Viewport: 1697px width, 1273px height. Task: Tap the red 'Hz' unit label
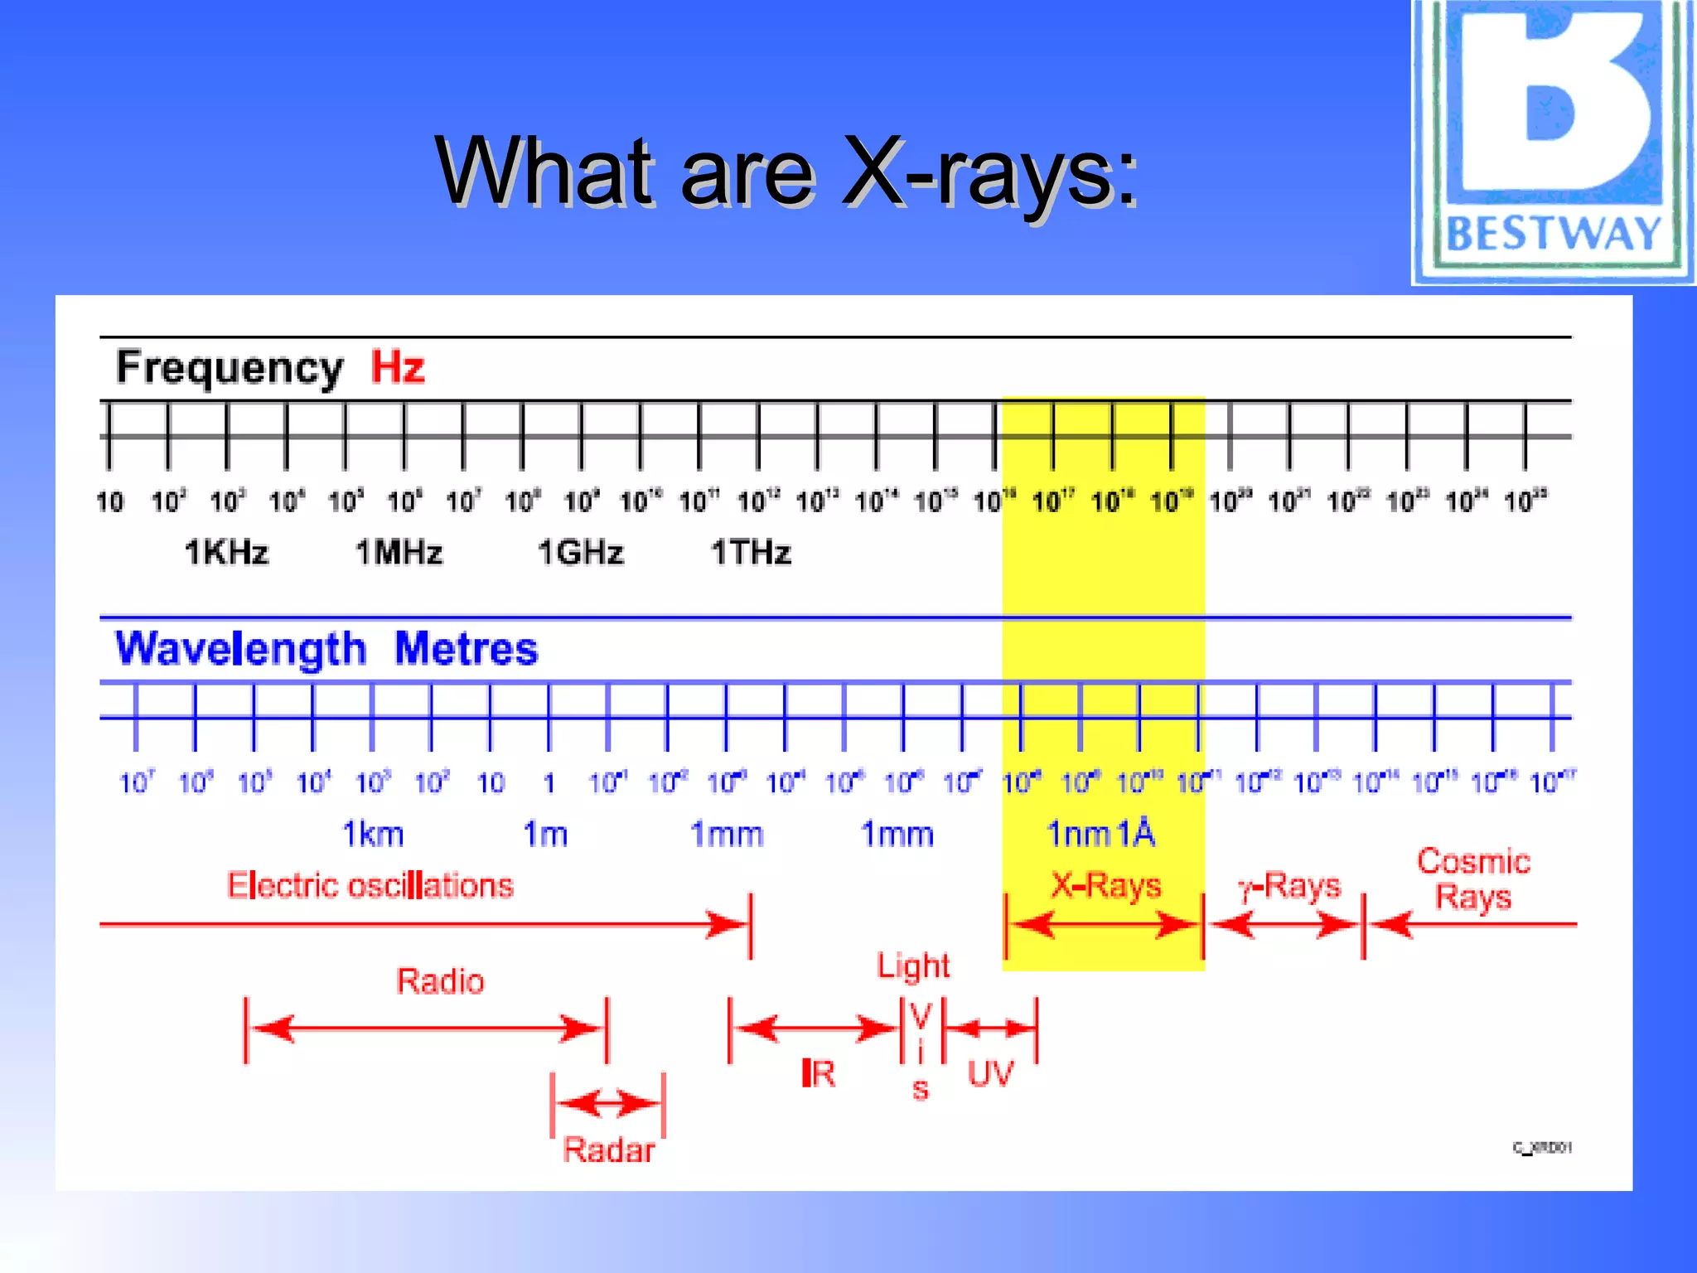398,366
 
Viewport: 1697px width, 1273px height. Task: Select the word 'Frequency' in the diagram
230,368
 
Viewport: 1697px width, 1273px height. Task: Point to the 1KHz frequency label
226,552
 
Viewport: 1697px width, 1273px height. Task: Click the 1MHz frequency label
399,552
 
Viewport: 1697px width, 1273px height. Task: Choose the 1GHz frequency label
580,552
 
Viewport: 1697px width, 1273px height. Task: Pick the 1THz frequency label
752,552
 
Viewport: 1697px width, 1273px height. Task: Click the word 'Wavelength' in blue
240,649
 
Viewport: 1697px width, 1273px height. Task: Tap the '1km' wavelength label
373,834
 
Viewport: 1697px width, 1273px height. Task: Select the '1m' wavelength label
545,834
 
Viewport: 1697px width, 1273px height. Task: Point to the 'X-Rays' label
1105,885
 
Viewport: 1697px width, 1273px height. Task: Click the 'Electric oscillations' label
370,885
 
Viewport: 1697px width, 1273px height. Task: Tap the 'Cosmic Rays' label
1473,879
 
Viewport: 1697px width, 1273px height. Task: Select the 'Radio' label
440,981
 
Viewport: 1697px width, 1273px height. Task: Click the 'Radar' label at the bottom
609,1150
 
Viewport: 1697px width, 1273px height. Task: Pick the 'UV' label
991,1074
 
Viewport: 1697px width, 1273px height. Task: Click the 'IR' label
819,1074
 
